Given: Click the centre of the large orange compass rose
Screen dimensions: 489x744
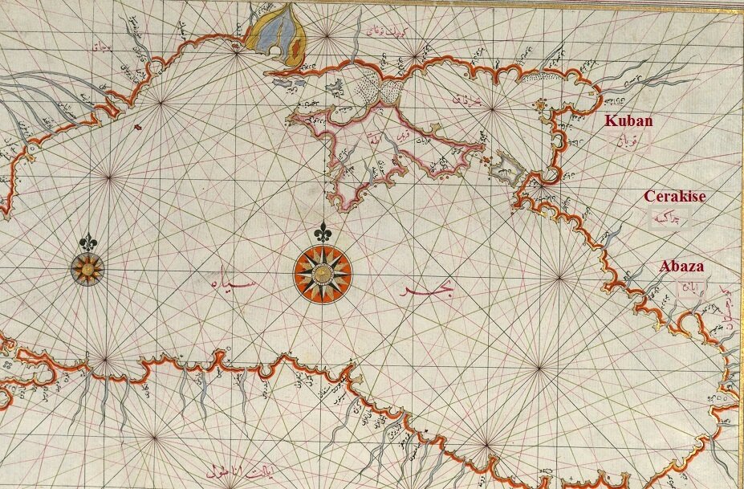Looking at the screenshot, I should tap(322, 274).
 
